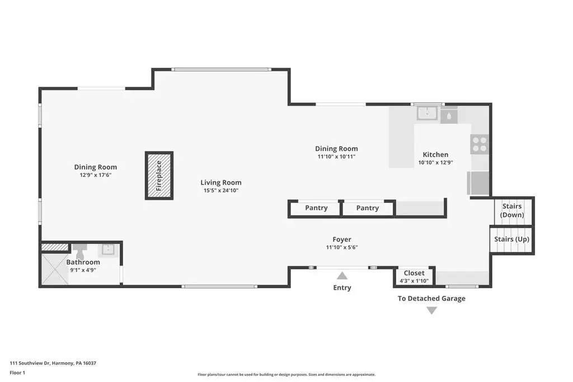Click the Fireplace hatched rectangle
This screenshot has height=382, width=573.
(x=159, y=176)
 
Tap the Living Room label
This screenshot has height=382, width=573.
(x=220, y=182)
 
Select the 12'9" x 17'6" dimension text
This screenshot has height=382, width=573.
(x=96, y=175)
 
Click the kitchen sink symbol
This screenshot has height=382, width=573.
(x=427, y=113)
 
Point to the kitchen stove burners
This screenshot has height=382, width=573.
(x=480, y=144)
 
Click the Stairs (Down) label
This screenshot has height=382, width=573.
(x=512, y=210)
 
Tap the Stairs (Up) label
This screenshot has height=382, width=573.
(x=511, y=239)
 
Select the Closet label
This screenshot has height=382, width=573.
(x=414, y=273)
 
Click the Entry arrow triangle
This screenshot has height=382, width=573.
(x=342, y=275)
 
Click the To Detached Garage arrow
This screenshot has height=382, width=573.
(x=431, y=310)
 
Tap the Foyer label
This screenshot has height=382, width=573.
(x=342, y=239)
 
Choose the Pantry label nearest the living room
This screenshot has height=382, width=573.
(x=317, y=208)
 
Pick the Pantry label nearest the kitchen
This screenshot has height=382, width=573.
(x=368, y=208)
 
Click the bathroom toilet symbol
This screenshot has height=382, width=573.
(x=80, y=251)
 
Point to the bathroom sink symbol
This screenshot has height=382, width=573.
(x=108, y=249)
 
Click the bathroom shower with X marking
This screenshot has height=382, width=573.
(x=55, y=269)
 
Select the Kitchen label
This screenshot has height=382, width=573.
(x=435, y=154)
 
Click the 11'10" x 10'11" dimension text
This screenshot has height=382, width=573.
(x=336, y=157)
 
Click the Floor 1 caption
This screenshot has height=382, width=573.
(x=17, y=373)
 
